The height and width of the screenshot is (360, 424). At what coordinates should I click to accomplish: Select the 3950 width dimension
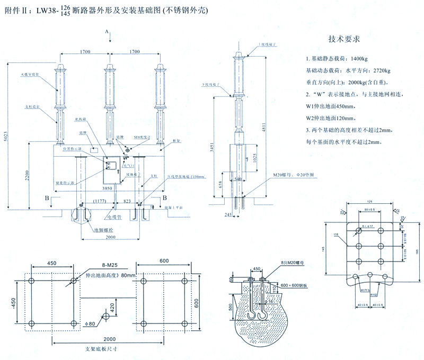(x=109, y=187)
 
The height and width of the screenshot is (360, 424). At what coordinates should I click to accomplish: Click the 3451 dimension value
(x=210, y=146)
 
